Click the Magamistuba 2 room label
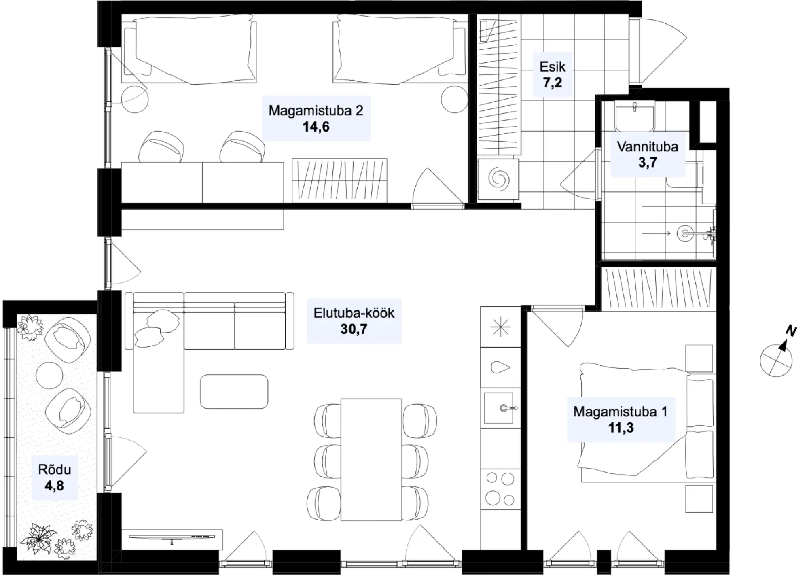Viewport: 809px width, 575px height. pyautogui.click(x=316, y=110)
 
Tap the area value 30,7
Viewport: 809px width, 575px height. pyautogui.click(x=354, y=329)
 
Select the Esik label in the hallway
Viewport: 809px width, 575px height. pyautogui.click(x=553, y=67)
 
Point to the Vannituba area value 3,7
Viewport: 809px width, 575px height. pyautogui.click(x=648, y=163)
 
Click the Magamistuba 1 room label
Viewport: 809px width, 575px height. pyautogui.click(x=621, y=412)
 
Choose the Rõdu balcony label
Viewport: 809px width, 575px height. pyautogui.click(x=55, y=469)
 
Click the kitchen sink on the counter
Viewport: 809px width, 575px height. pyautogui.click(x=498, y=408)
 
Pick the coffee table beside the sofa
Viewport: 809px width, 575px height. pyautogui.click(x=234, y=391)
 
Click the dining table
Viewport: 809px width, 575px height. pyautogui.click(x=371, y=460)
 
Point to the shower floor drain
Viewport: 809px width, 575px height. pyautogui.click(x=685, y=233)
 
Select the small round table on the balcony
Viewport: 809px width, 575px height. pyautogui.click(x=49, y=375)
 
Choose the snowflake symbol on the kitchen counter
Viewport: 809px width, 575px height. pyautogui.click(x=500, y=327)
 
